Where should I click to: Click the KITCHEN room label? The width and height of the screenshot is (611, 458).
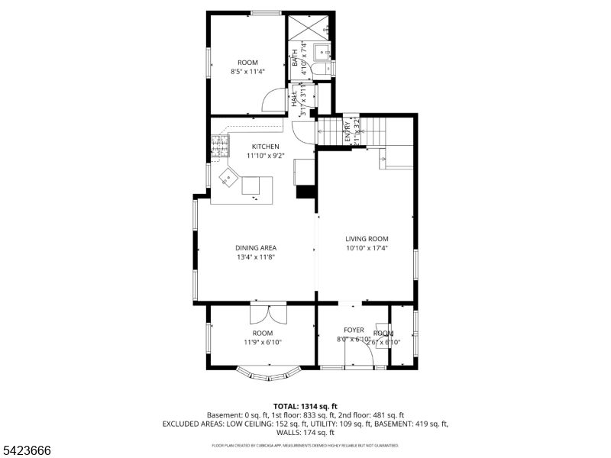coord(262,147)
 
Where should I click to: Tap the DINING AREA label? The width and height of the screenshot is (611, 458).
coord(255,248)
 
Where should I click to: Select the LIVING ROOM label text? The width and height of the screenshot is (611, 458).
coord(367,239)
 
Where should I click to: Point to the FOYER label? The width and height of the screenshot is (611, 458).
coord(354,330)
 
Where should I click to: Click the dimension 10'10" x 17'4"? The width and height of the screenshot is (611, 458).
coord(367,248)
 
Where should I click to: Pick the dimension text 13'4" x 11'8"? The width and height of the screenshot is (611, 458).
coord(255,258)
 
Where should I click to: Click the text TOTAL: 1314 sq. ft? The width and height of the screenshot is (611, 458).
coord(305,406)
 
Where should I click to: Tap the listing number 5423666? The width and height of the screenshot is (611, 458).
coord(27,451)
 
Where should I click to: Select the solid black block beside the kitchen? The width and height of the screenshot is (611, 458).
coord(305,192)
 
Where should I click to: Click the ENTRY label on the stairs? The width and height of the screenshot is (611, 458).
coord(348,127)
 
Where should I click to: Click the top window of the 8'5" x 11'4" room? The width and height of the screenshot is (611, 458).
coord(266,13)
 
